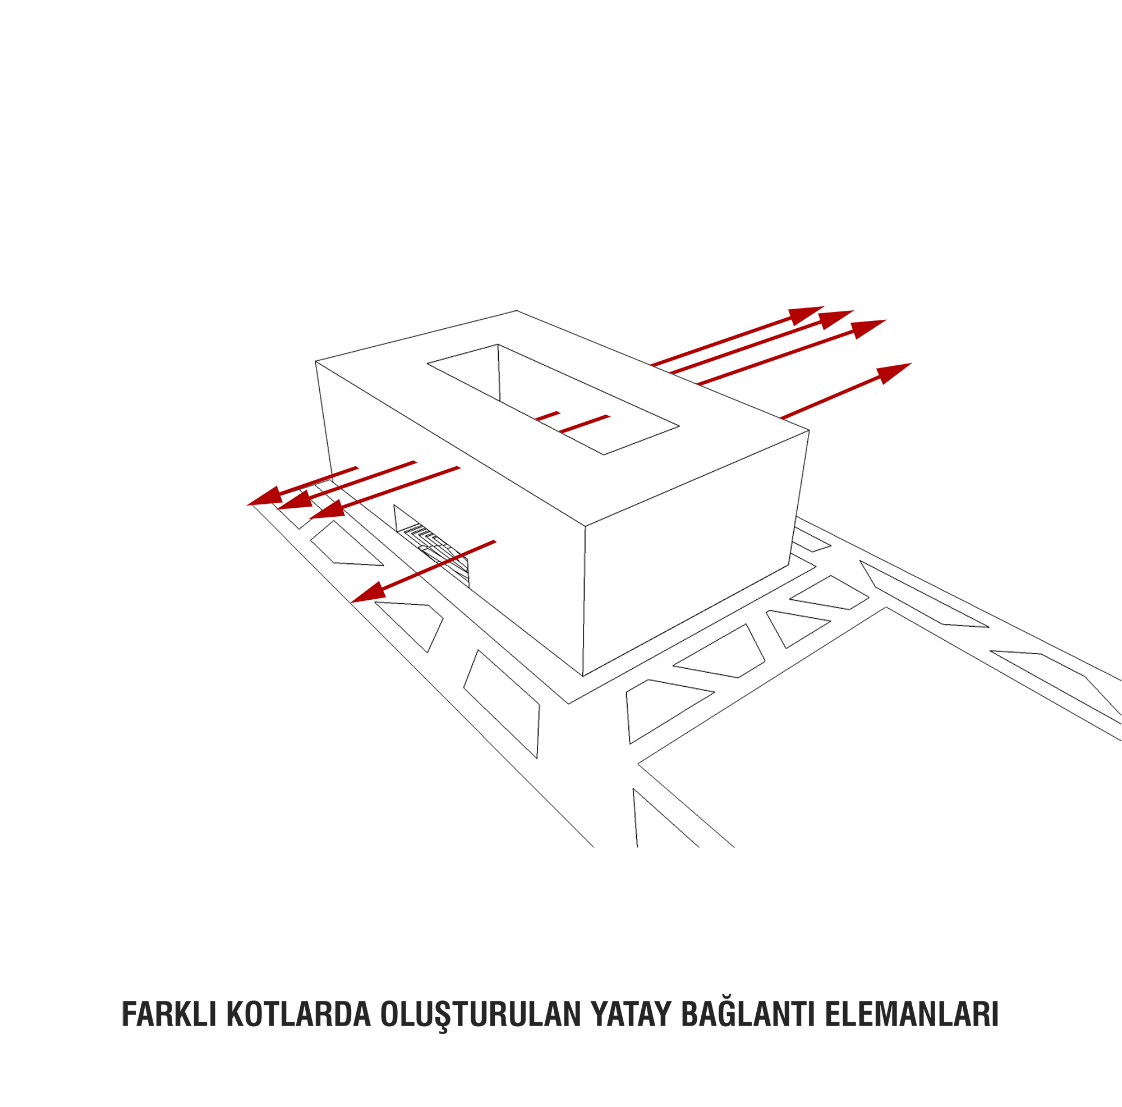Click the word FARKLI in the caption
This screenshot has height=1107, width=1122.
(169, 1014)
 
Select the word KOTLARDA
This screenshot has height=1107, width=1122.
(298, 1014)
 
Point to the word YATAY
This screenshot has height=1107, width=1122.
(631, 1014)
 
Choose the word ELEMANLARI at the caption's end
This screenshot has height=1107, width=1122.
(912, 1014)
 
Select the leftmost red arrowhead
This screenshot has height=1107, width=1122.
(265, 497)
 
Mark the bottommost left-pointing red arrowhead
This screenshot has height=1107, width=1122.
(369, 592)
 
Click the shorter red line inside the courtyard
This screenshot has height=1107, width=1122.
(547, 416)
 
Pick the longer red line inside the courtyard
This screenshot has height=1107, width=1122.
(584, 424)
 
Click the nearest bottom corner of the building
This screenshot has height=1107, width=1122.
(582, 677)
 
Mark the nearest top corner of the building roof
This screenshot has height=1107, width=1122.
(585, 527)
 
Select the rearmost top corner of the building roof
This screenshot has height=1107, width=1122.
(516, 311)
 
